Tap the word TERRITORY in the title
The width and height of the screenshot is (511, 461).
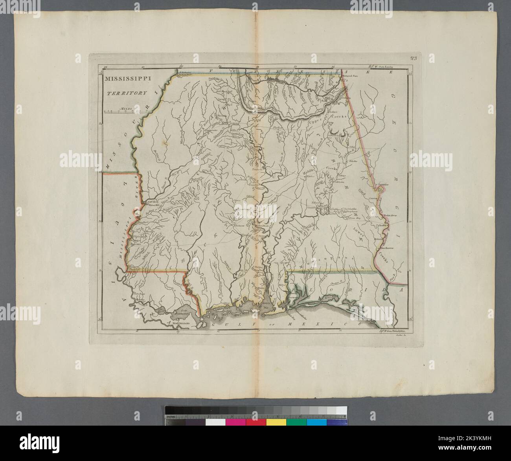[x=125, y=93]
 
